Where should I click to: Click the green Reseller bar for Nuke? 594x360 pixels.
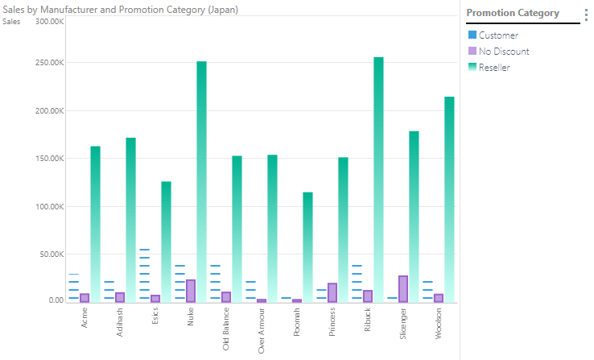(x=202, y=181)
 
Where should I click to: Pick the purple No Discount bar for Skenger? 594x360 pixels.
(x=403, y=289)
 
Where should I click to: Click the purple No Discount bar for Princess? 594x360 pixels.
(x=332, y=292)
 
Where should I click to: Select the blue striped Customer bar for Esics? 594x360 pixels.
(x=144, y=275)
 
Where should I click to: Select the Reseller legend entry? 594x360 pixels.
(x=493, y=68)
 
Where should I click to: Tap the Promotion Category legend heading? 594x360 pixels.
(x=513, y=13)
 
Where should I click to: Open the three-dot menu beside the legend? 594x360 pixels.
(x=586, y=14)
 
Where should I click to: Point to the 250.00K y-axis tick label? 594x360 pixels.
(x=50, y=63)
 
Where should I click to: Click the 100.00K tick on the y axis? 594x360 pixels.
(x=50, y=206)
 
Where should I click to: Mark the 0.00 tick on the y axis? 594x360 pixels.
(x=55, y=300)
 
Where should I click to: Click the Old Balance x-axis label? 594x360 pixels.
(x=227, y=330)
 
